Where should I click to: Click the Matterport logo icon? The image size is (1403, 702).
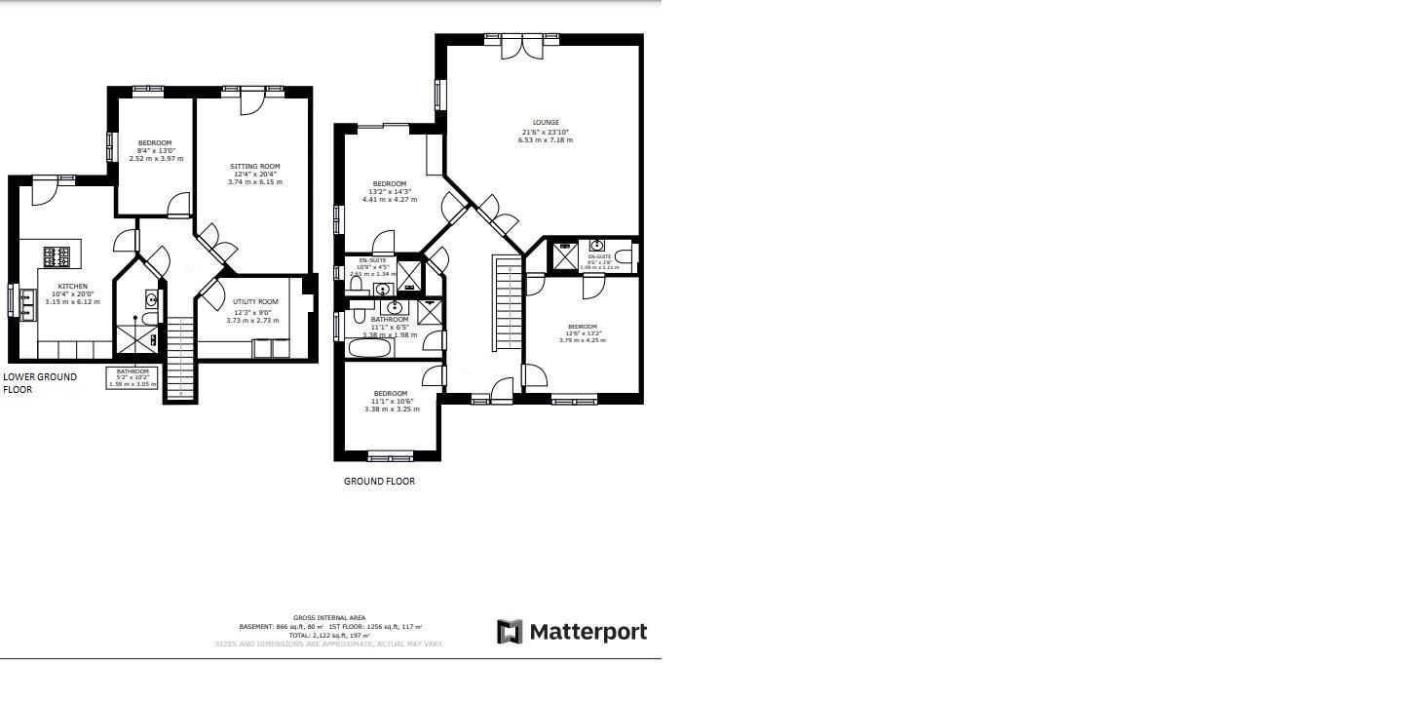510,632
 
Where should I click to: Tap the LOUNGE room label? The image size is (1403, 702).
545,123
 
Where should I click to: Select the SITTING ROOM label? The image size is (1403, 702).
254,167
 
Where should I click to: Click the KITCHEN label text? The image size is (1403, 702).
72,287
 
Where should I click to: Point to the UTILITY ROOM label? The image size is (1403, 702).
254,302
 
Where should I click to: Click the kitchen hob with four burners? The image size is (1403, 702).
57,256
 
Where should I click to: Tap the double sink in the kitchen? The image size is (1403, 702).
24,301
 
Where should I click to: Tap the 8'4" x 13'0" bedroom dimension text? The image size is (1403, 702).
156,151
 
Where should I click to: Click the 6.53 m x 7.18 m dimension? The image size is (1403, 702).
546,140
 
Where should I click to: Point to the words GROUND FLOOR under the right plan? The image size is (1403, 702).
379,482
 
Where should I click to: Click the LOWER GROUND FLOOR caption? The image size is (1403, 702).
40,383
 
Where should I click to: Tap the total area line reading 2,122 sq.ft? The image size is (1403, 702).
329,636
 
